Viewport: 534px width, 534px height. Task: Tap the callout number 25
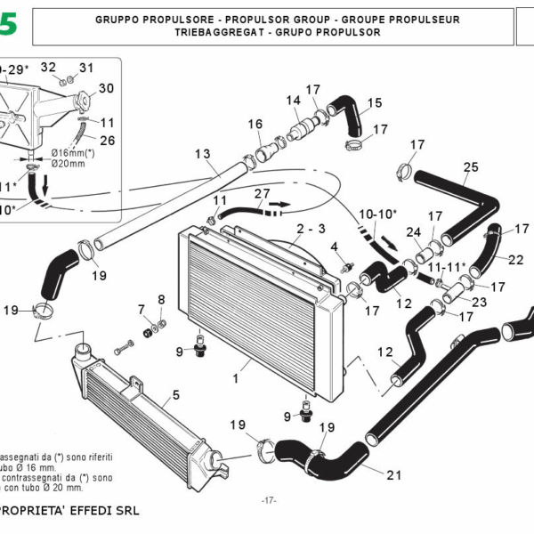click(x=471, y=166)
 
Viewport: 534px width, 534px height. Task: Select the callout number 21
click(x=393, y=474)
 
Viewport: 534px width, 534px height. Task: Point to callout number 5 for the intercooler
click(x=176, y=393)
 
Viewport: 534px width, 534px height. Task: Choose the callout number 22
click(x=515, y=260)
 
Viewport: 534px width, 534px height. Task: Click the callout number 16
click(x=255, y=123)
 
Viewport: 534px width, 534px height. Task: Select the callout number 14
click(x=294, y=101)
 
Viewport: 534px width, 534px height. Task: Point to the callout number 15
click(x=374, y=102)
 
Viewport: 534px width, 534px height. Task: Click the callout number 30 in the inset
click(x=106, y=88)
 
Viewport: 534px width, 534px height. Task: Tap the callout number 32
click(x=48, y=67)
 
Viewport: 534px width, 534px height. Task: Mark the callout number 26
click(x=107, y=140)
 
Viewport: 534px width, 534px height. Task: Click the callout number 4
click(x=335, y=246)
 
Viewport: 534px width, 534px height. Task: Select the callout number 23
click(x=479, y=303)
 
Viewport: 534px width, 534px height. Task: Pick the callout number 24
click(x=413, y=233)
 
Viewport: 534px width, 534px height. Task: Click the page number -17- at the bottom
click(x=269, y=501)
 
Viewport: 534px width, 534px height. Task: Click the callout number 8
click(x=161, y=299)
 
